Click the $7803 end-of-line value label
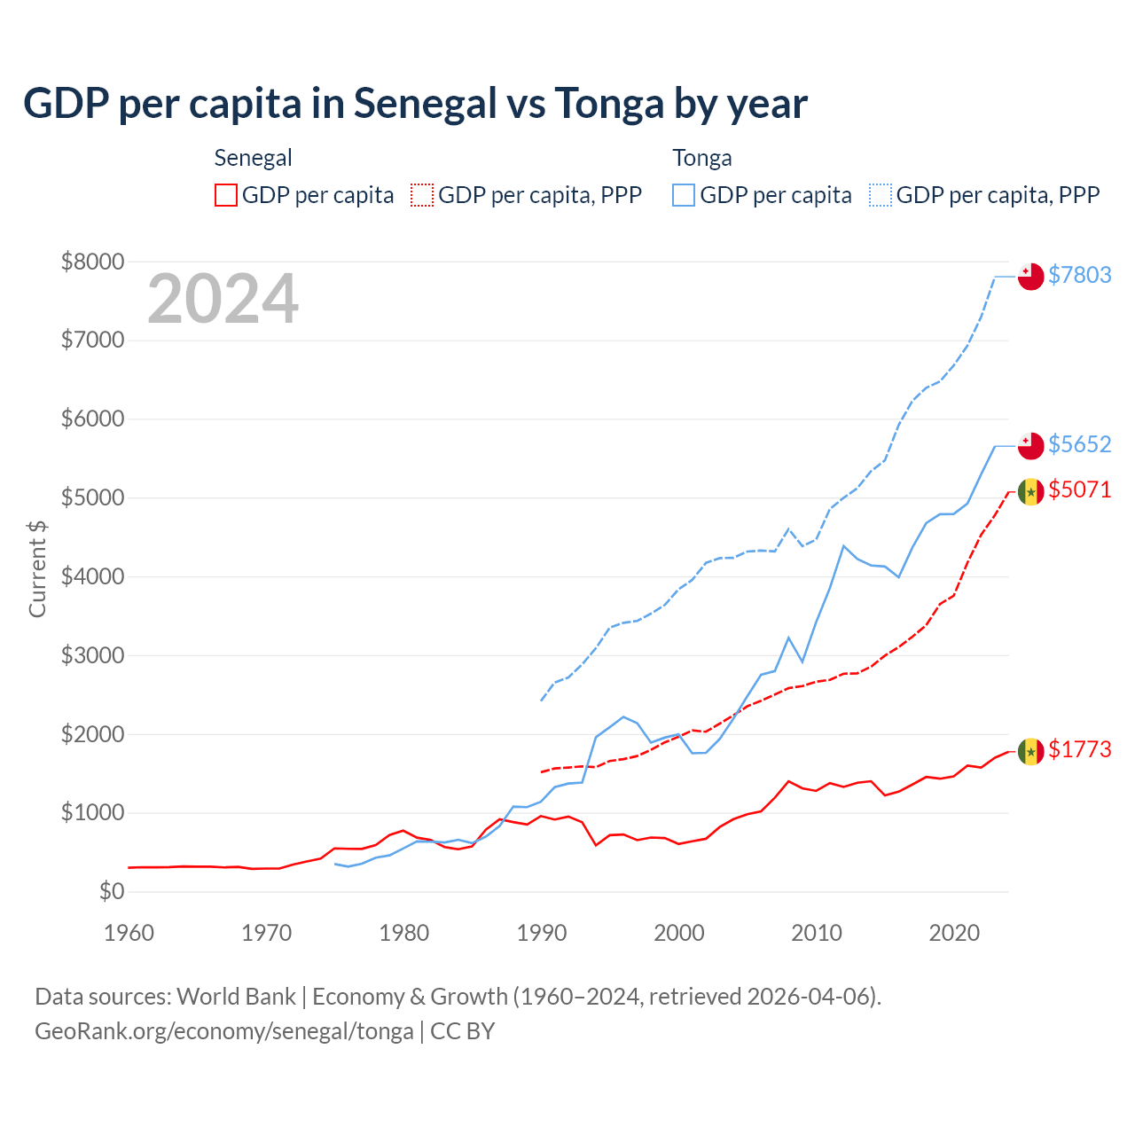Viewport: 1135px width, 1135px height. click(1079, 275)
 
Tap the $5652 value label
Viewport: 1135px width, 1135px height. click(1079, 444)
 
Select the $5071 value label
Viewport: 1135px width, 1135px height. click(1079, 489)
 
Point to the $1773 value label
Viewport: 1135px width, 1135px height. click(1079, 749)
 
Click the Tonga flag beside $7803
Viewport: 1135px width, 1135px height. click(1030, 277)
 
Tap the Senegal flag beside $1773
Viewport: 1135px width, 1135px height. click(1030, 751)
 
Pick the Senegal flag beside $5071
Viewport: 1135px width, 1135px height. click(1030, 491)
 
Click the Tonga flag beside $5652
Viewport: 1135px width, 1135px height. click(1030, 446)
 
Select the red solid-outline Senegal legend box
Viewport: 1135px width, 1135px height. click(226, 195)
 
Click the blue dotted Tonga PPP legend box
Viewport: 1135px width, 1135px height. click(881, 195)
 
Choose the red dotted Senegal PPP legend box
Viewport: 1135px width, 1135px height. click(423, 195)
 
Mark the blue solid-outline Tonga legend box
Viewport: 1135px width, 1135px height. click(684, 195)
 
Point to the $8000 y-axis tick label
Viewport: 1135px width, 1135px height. click(92, 262)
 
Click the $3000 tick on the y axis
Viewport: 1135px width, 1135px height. click(92, 655)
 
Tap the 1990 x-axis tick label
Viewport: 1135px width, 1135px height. click(542, 933)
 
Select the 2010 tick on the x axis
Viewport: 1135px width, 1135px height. click(817, 933)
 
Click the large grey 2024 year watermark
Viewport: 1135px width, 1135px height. click(223, 299)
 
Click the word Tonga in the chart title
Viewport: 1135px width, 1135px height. click(609, 104)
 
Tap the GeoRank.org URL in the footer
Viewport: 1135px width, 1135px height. click(224, 1031)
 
